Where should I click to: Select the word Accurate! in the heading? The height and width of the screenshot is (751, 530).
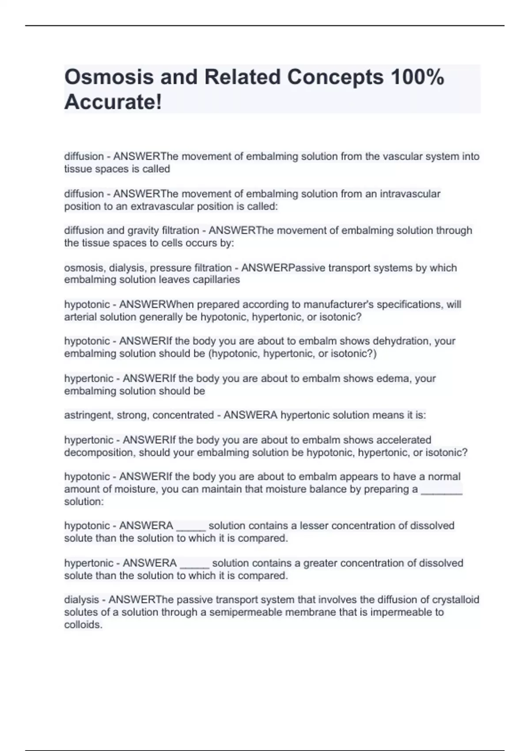[113, 102]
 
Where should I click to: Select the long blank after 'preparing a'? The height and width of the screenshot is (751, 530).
[442, 489]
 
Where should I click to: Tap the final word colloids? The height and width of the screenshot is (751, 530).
[83, 625]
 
